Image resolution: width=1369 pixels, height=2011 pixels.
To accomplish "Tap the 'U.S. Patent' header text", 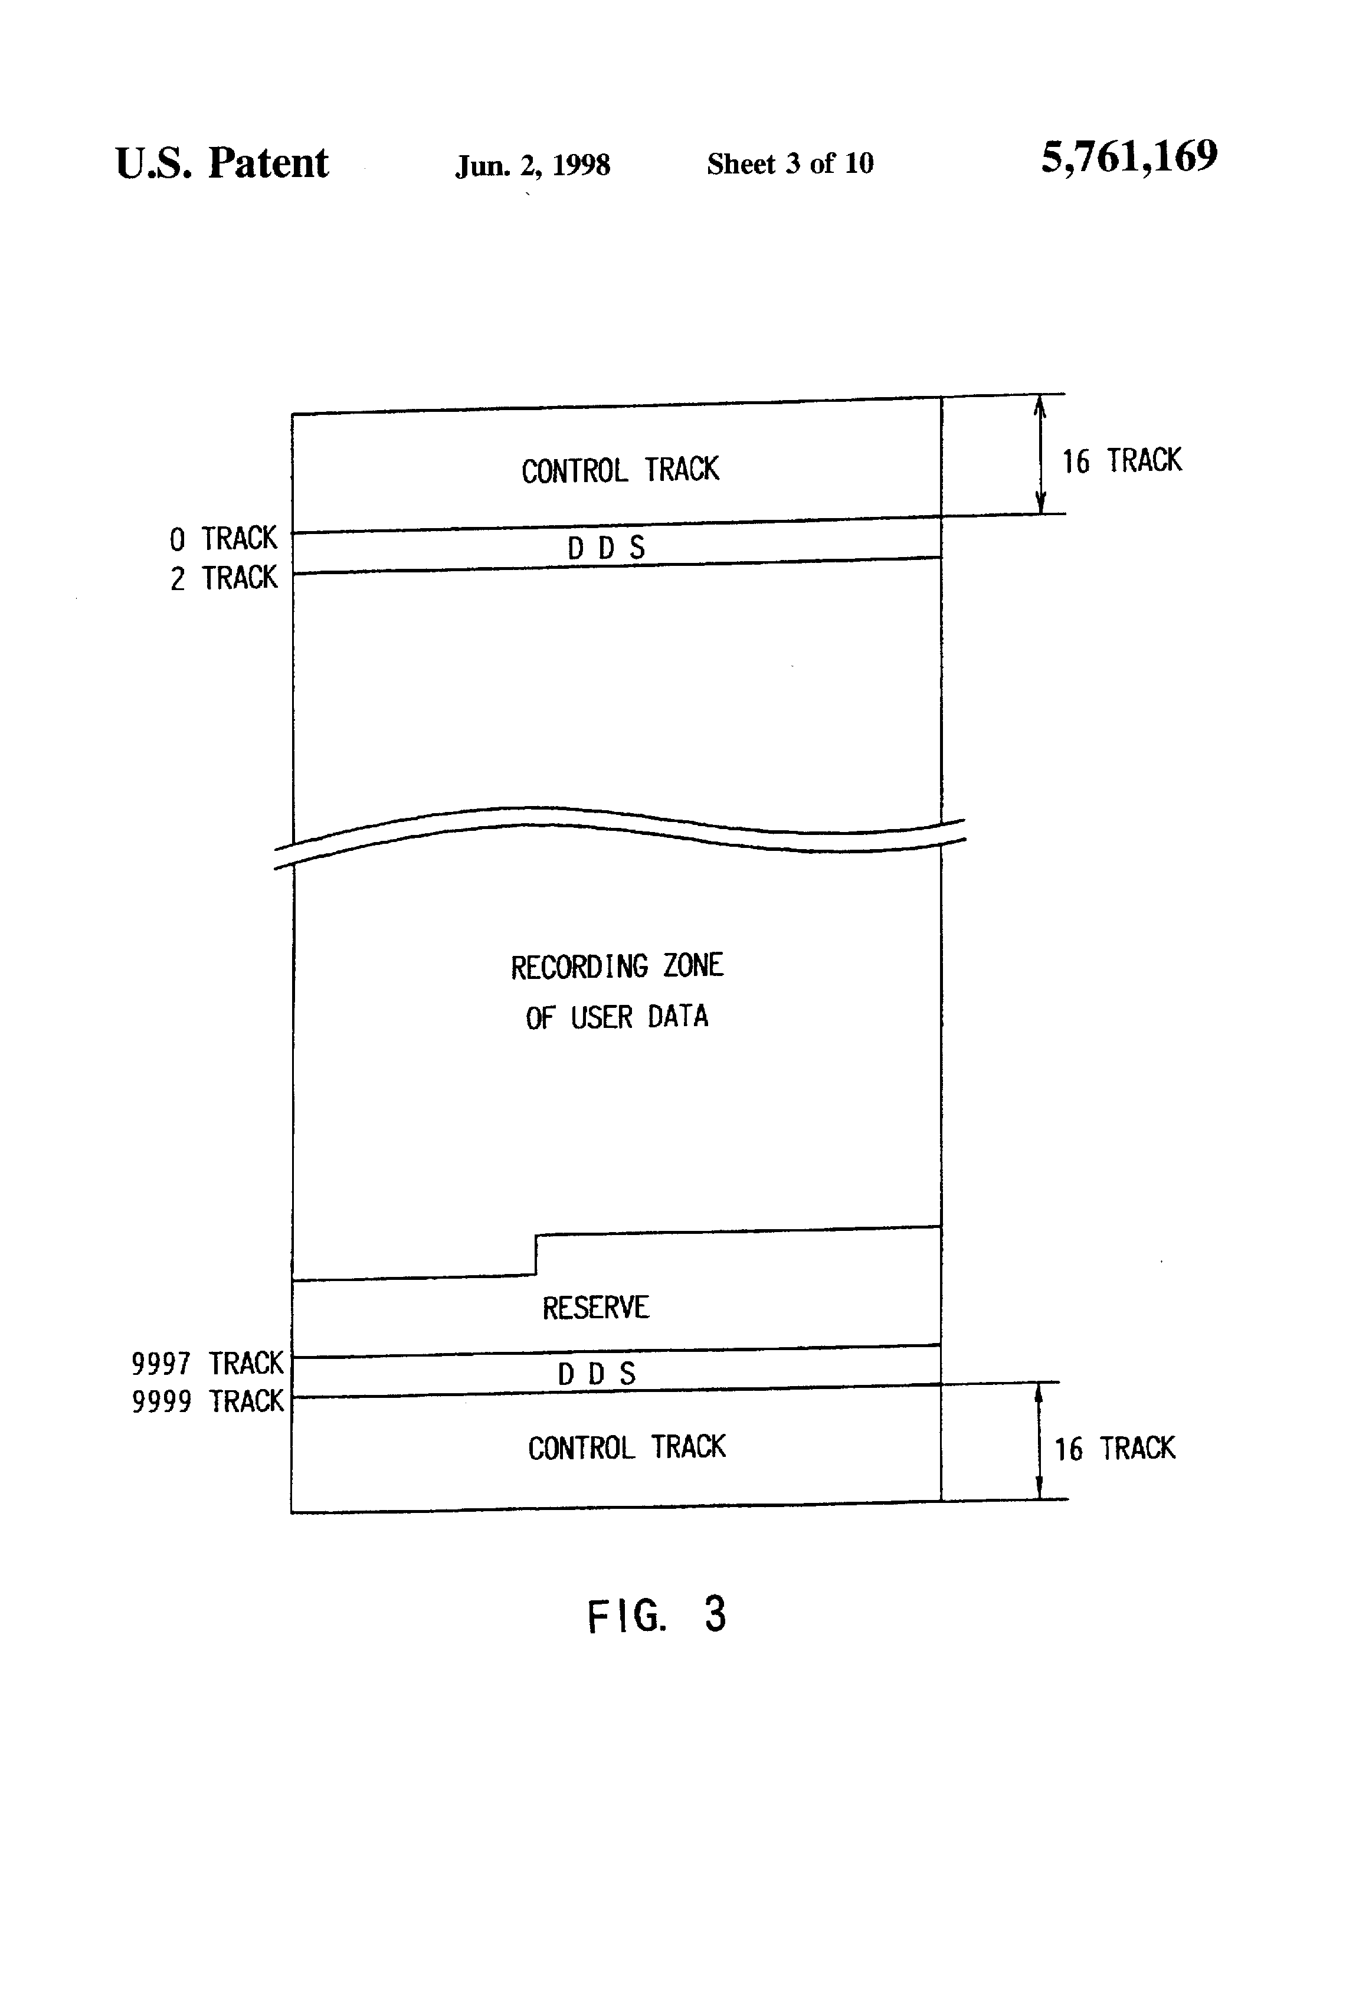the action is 221,163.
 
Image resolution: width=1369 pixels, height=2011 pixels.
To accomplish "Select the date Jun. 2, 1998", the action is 532,165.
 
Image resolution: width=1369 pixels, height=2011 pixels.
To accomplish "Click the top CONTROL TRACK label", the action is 620,470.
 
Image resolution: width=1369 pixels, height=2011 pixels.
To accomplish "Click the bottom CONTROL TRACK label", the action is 627,1447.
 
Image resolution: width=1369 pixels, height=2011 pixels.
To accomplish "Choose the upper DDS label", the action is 606,548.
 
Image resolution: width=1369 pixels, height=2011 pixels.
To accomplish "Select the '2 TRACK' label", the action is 223,578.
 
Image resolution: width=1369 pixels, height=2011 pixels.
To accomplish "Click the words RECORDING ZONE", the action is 616,966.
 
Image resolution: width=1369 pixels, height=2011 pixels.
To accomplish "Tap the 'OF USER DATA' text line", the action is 616,1017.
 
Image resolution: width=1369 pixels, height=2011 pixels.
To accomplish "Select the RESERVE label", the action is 595,1308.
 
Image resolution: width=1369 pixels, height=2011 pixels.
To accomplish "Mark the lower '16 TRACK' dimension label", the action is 1115,1449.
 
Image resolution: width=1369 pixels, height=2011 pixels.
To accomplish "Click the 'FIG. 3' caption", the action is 656,1614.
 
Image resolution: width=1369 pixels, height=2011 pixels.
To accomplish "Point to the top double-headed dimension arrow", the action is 1040,454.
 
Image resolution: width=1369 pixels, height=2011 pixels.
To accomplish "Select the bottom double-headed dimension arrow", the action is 1039,1441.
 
